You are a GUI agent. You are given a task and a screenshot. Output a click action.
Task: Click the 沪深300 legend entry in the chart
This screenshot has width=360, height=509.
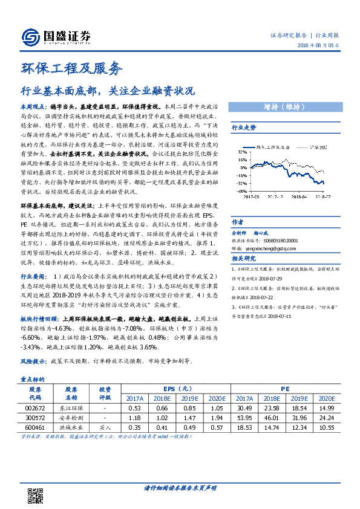point(313,146)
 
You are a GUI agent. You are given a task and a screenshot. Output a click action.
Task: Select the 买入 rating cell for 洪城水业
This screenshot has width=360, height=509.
point(105,427)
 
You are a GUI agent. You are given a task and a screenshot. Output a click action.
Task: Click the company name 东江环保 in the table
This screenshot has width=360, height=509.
point(71,407)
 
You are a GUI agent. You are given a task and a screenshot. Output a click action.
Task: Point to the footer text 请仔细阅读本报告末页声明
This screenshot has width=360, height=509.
point(180,488)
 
